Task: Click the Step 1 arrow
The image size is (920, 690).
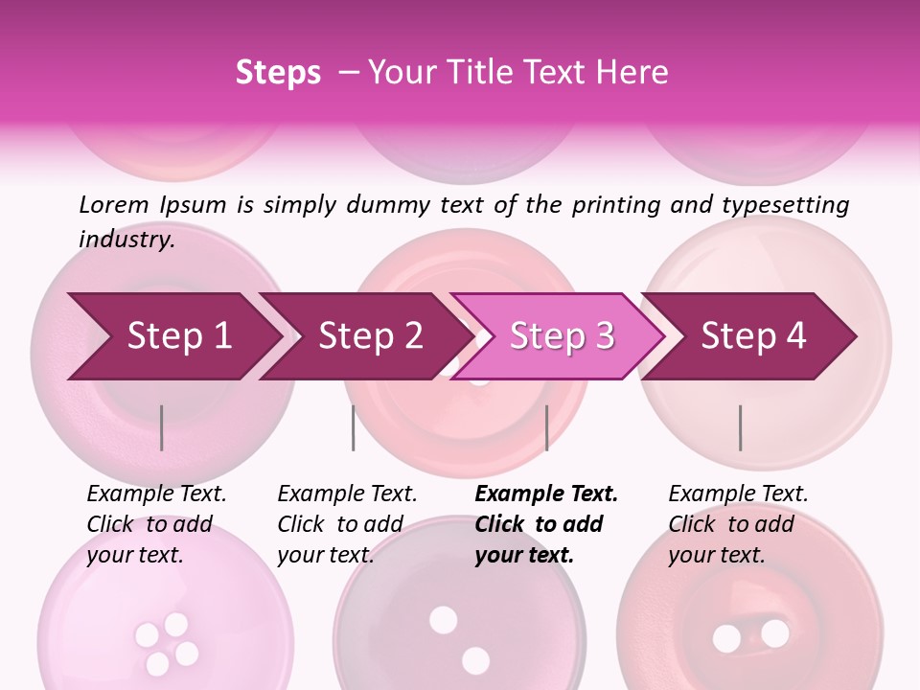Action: (x=179, y=336)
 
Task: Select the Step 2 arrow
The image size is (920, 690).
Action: (x=370, y=336)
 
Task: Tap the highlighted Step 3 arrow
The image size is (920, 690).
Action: (x=562, y=336)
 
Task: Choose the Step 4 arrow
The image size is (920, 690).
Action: (x=753, y=336)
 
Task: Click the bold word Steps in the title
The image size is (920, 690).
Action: (x=278, y=72)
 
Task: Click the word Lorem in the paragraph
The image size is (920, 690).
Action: (x=114, y=204)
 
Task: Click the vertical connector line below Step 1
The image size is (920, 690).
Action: (x=162, y=427)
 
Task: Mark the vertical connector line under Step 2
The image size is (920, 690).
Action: (x=354, y=427)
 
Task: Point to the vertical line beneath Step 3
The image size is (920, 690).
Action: (x=546, y=427)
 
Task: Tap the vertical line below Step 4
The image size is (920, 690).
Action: (x=740, y=427)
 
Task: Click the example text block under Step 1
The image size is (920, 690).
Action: (x=156, y=524)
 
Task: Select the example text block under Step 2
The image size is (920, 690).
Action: (x=347, y=524)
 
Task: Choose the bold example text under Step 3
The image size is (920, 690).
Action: (x=546, y=524)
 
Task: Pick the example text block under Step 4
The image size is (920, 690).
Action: (x=738, y=524)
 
